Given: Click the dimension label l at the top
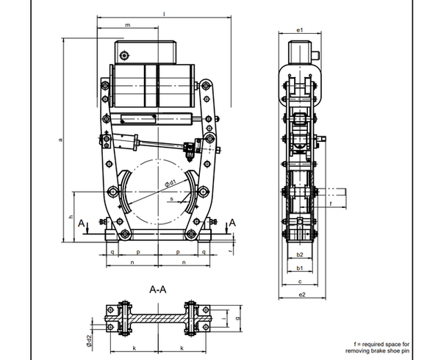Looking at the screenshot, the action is (164, 13).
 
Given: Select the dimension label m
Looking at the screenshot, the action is (128, 25).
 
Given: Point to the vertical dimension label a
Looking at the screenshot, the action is (60, 140).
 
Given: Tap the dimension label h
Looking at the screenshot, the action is (71, 217).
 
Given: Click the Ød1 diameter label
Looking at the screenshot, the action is (171, 184).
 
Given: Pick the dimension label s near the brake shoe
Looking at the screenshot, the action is (171, 199).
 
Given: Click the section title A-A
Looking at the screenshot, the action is (158, 289).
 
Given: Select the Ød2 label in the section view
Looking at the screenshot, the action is (89, 341).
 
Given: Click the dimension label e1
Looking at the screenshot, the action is (300, 30).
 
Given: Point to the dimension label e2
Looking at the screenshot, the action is (302, 295).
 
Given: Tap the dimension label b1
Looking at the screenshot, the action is (300, 268).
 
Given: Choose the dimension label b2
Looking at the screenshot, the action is (300, 255).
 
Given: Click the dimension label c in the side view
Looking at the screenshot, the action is (300, 281).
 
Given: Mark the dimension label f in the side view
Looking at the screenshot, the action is (331, 204).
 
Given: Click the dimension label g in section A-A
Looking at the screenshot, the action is (237, 318).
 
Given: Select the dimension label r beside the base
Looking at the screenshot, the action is (231, 251).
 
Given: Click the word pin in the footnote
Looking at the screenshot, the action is (405, 350).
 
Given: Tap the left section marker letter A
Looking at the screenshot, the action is (81, 223).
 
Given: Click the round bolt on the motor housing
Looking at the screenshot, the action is (123, 55).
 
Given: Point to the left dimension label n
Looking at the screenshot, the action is (132, 262).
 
